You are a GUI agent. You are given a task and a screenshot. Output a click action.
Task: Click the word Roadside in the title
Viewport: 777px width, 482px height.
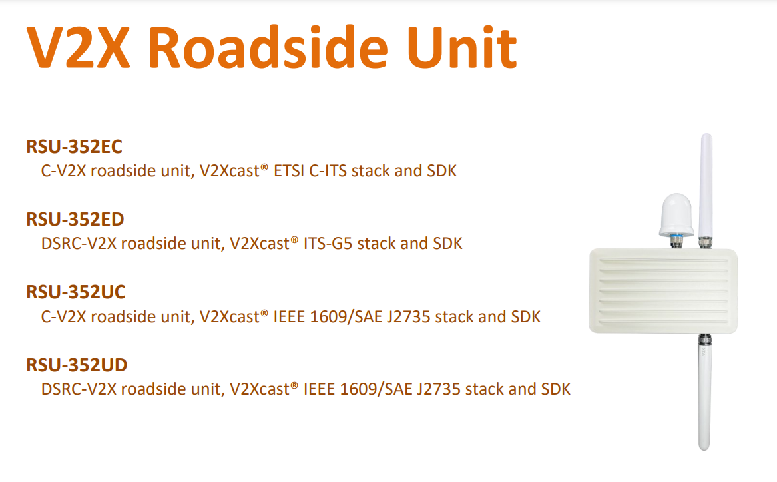tap(268, 48)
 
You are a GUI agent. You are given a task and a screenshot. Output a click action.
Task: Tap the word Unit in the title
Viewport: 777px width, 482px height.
tap(462, 48)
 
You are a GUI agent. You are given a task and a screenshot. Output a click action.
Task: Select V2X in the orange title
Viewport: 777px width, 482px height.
tap(79, 48)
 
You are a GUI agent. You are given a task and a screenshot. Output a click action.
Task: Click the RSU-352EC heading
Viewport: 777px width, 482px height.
tap(75, 146)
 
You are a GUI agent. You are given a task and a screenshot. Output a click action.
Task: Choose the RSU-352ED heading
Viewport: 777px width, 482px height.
tap(75, 220)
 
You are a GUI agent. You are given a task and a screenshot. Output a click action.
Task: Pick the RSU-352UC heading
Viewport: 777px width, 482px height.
tap(76, 292)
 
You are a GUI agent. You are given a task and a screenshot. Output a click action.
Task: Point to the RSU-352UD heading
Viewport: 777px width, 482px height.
tap(77, 365)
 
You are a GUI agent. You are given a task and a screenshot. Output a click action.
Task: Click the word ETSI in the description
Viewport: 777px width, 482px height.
tap(289, 171)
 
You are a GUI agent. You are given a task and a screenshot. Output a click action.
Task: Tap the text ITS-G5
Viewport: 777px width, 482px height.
tap(328, 244)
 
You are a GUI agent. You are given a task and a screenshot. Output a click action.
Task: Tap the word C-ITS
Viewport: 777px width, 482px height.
tap(328, 171)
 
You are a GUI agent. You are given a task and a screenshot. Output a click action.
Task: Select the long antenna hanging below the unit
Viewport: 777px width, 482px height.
tap(704, 392)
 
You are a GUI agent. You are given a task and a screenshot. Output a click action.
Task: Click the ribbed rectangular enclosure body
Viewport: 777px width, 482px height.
tap(663, 291)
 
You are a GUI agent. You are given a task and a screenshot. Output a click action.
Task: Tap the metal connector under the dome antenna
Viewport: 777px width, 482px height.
tap(676, 242)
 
